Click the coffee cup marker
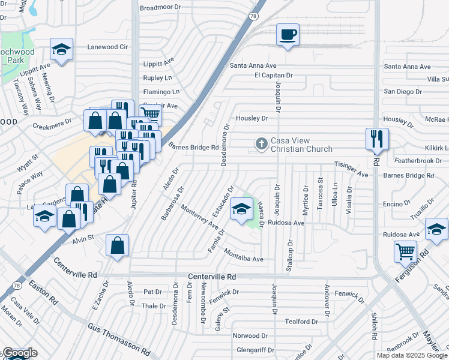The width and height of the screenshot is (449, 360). click(288, 35)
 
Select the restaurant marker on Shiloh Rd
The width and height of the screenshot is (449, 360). click(377, 139)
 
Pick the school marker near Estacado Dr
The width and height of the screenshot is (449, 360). click(241, 209)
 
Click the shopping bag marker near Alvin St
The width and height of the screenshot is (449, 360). click(117, 245)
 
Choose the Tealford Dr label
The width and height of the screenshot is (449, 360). click(301, 322)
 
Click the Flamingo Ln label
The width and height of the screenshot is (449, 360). click(161, 92)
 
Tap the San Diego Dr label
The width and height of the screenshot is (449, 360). click(403, 92)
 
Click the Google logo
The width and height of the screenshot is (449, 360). click(19, 353)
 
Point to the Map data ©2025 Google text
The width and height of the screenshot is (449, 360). click(412, 355)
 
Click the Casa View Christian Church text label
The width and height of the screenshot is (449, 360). click(301, 145)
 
